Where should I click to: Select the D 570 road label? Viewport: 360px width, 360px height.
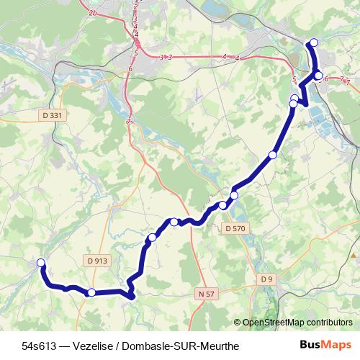point(235,228)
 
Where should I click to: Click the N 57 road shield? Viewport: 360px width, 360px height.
point(206,294)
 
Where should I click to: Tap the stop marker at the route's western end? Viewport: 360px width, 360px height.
point(41,263)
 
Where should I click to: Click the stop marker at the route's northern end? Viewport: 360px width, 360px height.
point(313,42)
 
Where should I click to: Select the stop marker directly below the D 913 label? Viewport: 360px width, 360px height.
point(91,292)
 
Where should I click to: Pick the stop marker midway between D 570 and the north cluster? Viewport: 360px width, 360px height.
point(272,155)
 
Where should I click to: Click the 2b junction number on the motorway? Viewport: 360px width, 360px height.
point(92,13)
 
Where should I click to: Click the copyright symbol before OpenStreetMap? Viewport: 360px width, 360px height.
point(238,323)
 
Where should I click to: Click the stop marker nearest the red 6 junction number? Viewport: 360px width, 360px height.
point(319,75)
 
